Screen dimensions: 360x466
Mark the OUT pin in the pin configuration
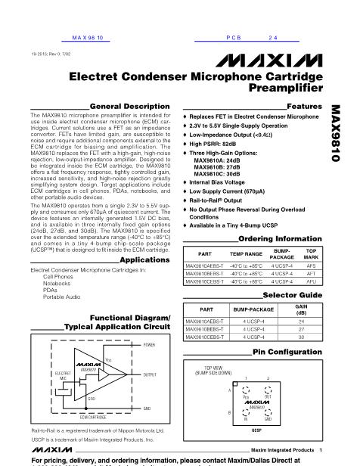click(x=267, y=395)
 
